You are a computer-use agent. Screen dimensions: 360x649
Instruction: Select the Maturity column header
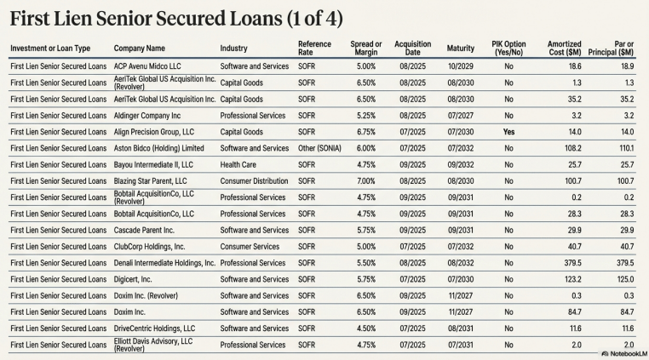pos(460,48)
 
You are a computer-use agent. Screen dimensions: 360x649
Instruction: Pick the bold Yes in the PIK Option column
pos(508,132)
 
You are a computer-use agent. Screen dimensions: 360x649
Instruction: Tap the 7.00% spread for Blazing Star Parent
pos(366,180)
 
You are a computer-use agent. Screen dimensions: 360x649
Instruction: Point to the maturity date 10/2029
pos(461,66)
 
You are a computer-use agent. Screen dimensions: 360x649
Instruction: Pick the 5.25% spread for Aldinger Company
pos(366,115)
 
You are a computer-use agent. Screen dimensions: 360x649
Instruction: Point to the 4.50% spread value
pos(366,328)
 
